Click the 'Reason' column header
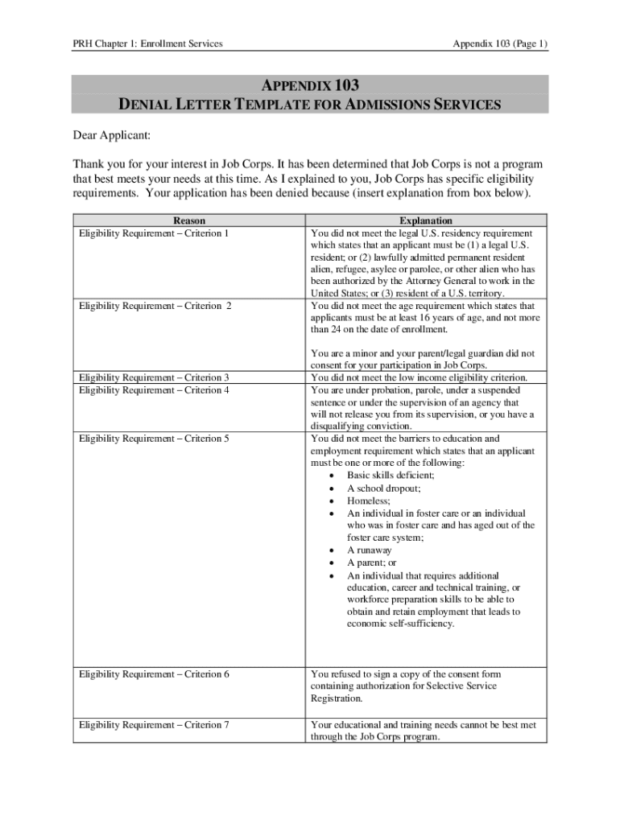coord(189,220)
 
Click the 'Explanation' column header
coord(426,220)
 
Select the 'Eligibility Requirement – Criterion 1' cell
coord(154,233)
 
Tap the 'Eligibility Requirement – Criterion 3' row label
coord(154,377)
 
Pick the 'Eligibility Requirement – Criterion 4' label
coord(154,390)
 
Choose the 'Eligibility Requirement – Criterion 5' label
coord(154,439)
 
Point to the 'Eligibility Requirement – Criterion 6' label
coord(154,674)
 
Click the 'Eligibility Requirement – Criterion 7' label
coord(154,725)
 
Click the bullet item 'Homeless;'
coord(368,501)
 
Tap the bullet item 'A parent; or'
coord(372,563)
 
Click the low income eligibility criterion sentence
coord(419,377)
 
